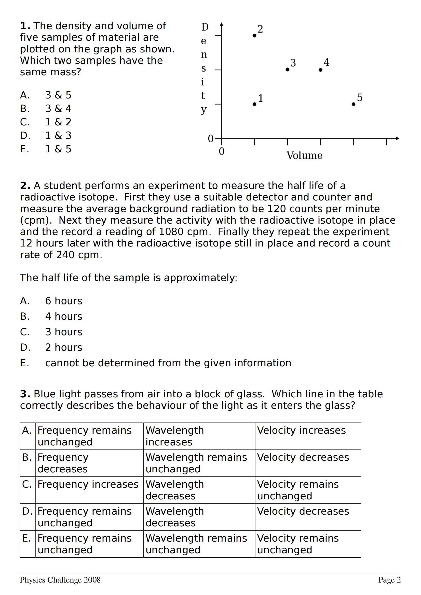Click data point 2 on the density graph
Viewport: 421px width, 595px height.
pyautogui.click(x=254, y=36)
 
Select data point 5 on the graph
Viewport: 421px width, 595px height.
pyautogui.click(x=354, y=104)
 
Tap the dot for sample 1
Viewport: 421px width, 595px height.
pyautogui.click(x=254, y=104)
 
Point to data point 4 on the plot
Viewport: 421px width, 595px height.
pyautogui.click(x=321, y=70)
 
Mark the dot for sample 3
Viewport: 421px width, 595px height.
pyautogui.click(x=287, y=70)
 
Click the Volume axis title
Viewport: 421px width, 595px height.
pyautogui.click(x=304, y=155)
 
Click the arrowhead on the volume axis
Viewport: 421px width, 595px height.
pyautogui.click(x=397, y=138)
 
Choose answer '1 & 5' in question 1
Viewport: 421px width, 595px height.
pyautogui.click(x=58, y=149)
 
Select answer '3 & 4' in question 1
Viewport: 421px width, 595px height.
pyautogui.click(x=58, y=109)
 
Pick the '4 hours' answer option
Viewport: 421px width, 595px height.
pyautogui.click(x=64, y=316)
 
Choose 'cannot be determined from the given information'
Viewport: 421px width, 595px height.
pyautogui.click(x=168, y=363)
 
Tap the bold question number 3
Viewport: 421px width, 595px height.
pyautogui.click(x=25, y=394)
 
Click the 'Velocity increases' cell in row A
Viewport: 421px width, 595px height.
pyautogui.click(x=301, y=430)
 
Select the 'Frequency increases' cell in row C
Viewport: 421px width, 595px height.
pyautogui.click(x=88, y=484)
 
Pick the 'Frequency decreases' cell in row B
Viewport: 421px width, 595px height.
pyautogui.click(x=63, y=463)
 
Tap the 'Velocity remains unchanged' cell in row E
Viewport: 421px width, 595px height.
pyautogui.click(x=298, y=544)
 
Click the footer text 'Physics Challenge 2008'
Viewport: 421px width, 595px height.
pyautogui.click(x=60, y=580)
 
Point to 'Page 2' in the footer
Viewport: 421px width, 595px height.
pyautogui.click(x=389, y=580)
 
